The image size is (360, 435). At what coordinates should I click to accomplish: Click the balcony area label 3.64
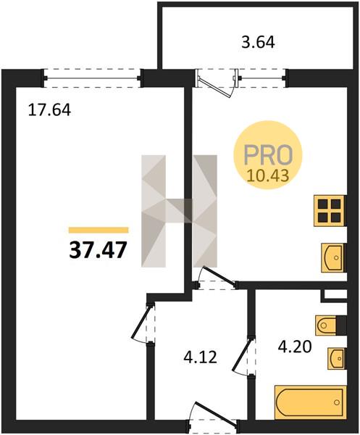click(x=258, y=43)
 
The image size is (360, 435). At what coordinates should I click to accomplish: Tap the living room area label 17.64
click(x=50, y=110)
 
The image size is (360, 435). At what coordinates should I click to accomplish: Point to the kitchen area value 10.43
click(x=268, y=175)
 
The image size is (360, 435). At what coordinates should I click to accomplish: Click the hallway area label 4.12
click(x=200, y=357)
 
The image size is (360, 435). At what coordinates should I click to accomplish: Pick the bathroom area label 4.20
click(x=295, y=347)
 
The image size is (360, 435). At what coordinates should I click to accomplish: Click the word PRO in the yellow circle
click(x=268, y=154)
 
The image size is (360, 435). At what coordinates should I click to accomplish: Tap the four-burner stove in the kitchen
click(x=330, y=211)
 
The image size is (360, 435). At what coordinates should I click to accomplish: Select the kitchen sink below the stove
click(x=333, y=257)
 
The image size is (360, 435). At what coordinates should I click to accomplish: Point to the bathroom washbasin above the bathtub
click(x=337, y=358)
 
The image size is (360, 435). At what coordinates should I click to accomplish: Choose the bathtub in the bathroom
click(x=311, y=401)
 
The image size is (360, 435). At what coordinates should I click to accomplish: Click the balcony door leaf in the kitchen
click(x=215, y=86)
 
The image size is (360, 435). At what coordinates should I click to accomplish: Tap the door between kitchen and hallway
click(x=219, y=275)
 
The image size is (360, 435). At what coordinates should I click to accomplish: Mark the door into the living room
click(x=141, y=323)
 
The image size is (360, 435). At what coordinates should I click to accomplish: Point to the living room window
click(x=93, y=78)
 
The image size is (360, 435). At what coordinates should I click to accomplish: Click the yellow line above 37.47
click(x=99, y=230)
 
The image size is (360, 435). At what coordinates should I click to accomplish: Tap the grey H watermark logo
click(x=179, y=211)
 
